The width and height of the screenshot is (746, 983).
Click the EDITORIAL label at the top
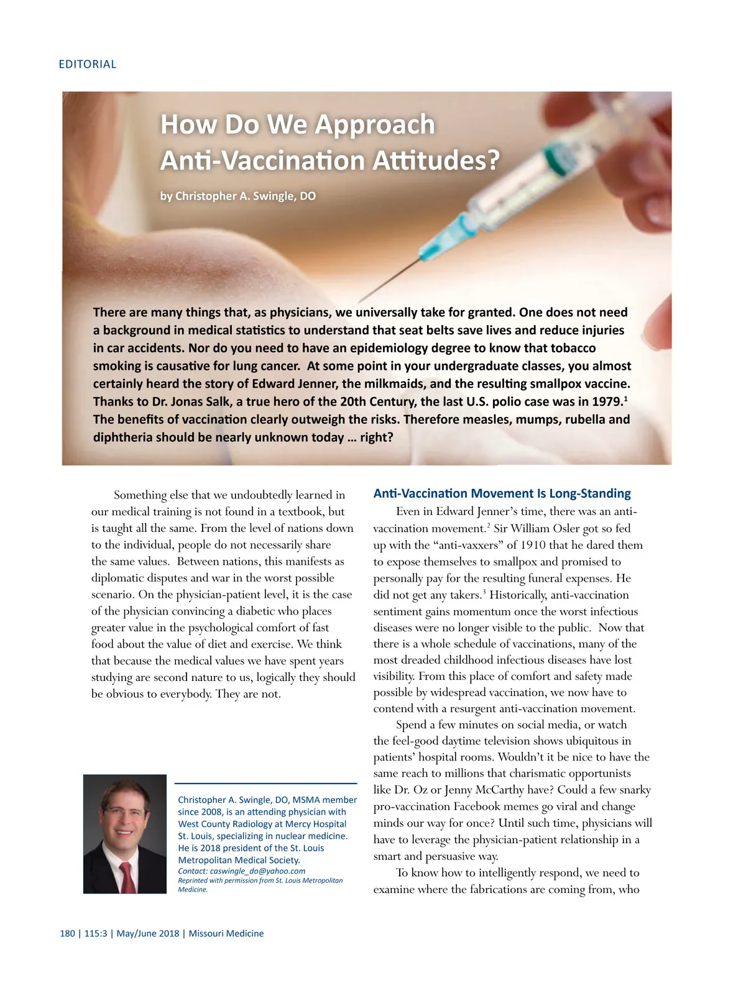pyautogui.click(x=87, y=64)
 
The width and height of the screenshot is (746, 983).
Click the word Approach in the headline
pyautogui.click(x=375, y=124)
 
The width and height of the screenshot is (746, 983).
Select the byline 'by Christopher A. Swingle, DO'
pyautogui.click(x=238, y=196)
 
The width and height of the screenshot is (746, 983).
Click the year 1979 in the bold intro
pyautogui.click(x=607, y=401)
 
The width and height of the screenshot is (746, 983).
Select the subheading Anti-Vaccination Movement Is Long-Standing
pyautogui.click(x=502, y=493)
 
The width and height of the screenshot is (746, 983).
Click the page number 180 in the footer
pyautogui.click(x=67, y=933)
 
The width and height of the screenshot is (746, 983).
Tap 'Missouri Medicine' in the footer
pyautogui.click(x=226, y=933)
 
